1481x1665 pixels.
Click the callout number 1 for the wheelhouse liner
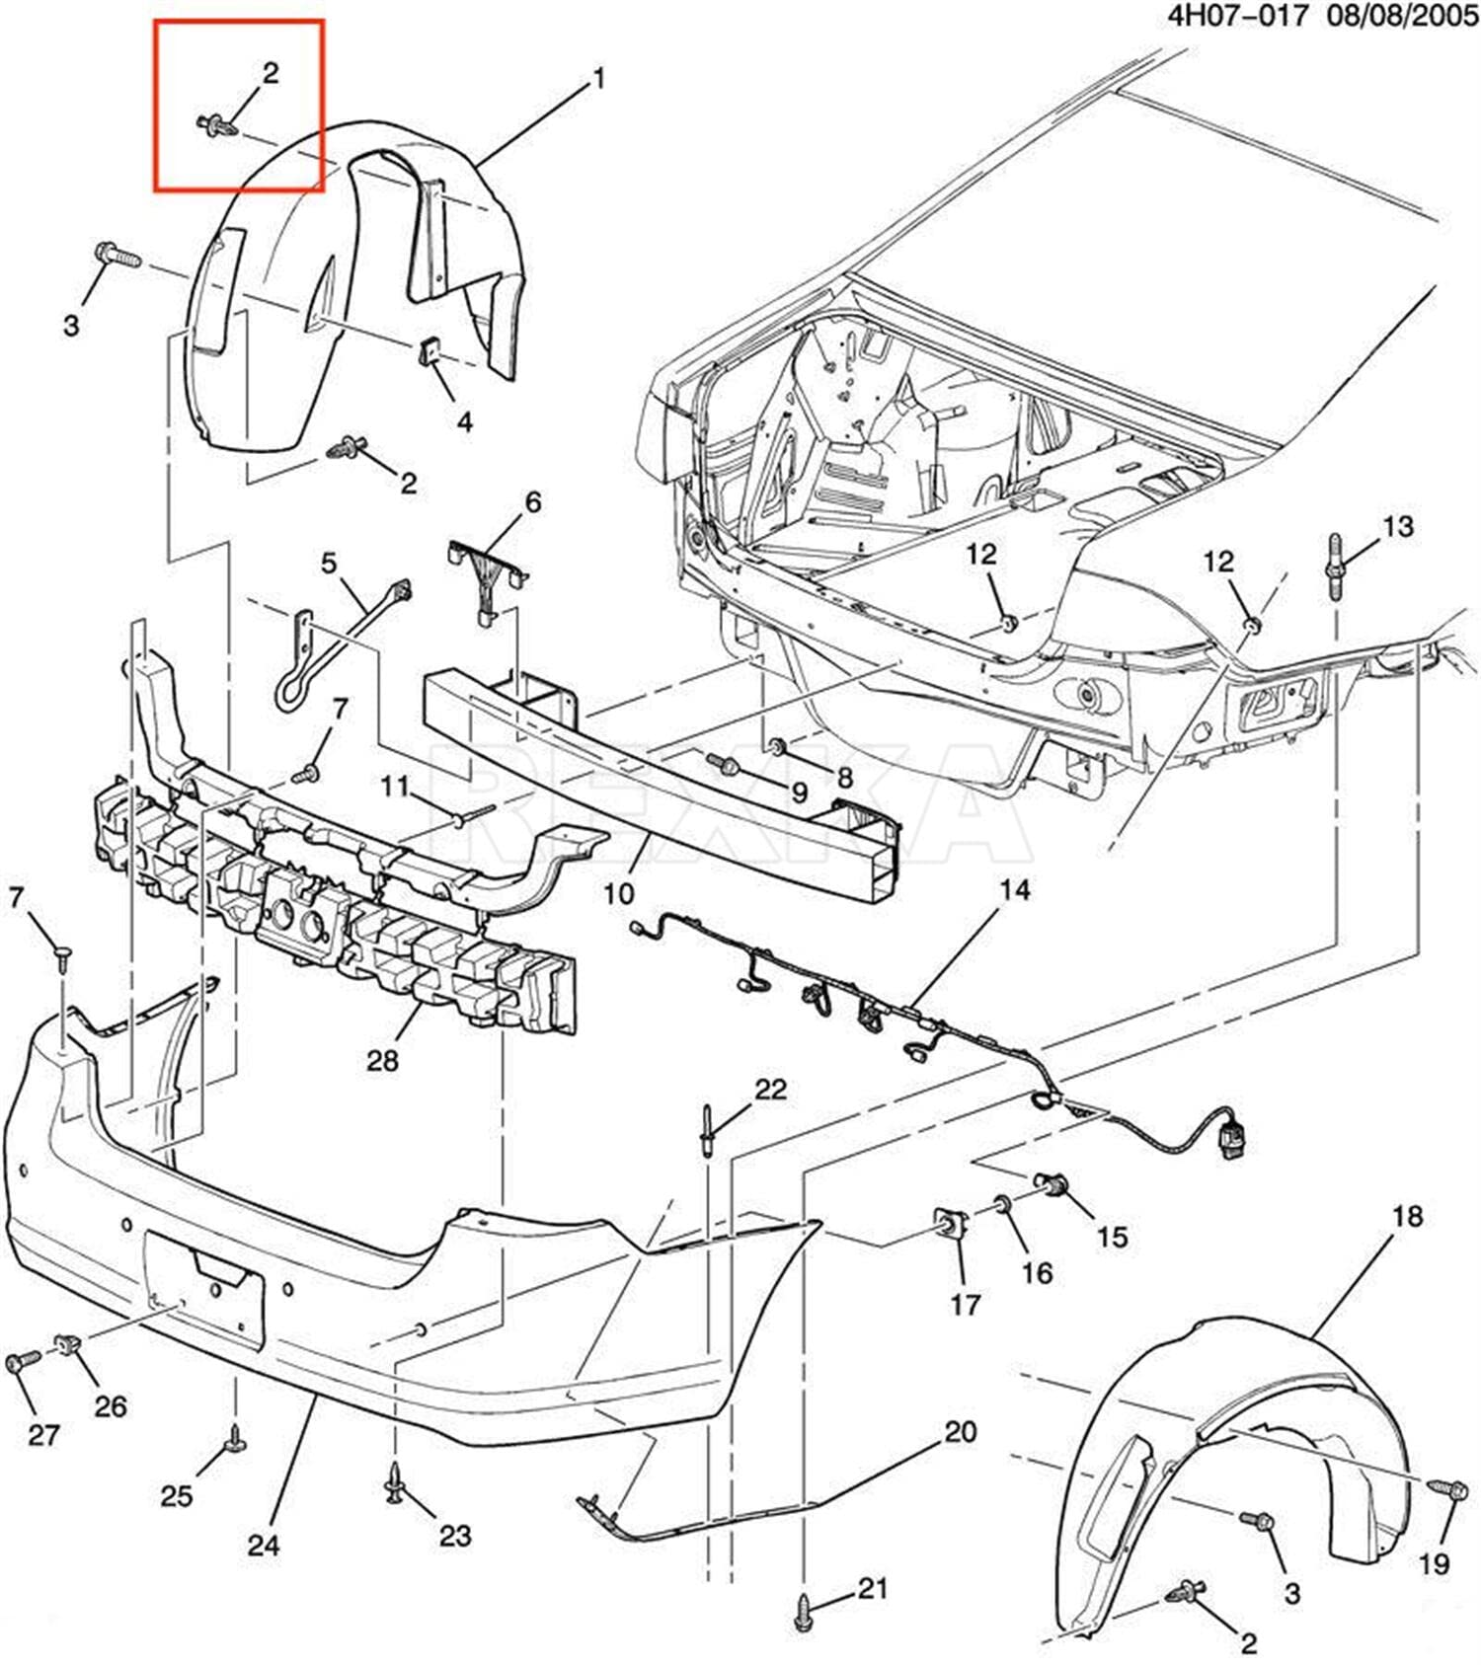click(598, 78)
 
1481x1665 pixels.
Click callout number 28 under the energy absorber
click(382, 1060)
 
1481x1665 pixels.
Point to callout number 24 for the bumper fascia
click(264, 1545)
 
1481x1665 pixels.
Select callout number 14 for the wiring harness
click(1014, 890)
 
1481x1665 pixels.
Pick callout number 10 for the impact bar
click(618, 895)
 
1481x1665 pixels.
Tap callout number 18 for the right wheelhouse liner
click(1407, 1216)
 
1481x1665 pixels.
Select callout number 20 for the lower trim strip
click(960, 1431)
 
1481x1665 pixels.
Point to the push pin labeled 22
click(708, 1130)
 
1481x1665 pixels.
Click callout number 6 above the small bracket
click(533, 502)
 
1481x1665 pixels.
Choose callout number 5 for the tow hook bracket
click(329, 564)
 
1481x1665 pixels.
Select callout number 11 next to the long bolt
click(395, 787)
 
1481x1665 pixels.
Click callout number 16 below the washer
click(1037, 1272)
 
